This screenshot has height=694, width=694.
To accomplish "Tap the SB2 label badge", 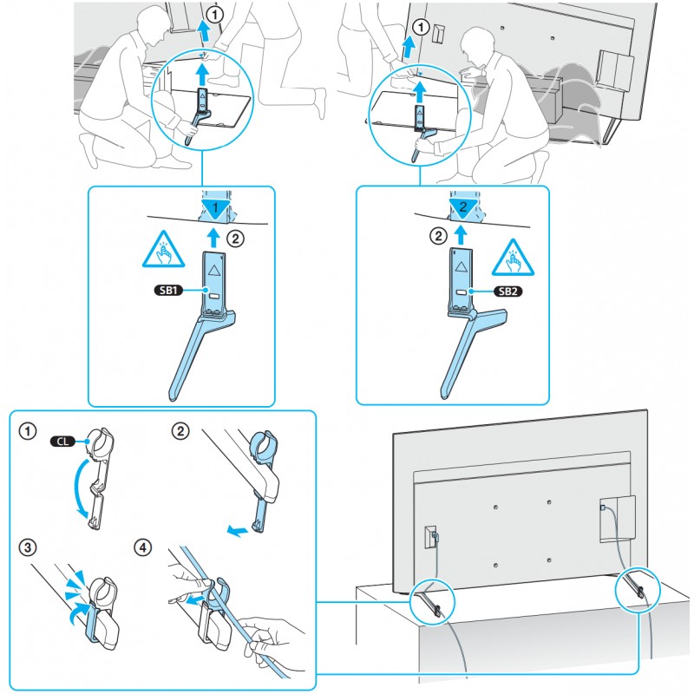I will [x=506, y=291].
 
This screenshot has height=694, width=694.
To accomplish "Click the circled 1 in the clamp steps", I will [x=29, y=429].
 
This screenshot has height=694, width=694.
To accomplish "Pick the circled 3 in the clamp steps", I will [x=29, y=548].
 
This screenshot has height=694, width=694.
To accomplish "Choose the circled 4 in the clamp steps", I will [x=144, y=548].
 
